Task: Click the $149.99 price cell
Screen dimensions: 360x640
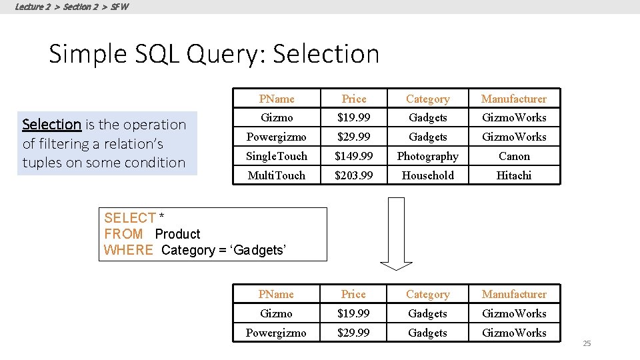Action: click(x=354, y=156)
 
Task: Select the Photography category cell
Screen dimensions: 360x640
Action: click(x=428, y=156)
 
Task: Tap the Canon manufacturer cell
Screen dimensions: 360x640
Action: click(x=514, y=156)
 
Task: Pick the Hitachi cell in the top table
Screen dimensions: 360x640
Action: click(x=514, y=175)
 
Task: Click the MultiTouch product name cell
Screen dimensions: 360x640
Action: click(x=276, y=175)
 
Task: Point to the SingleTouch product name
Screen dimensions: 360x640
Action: click(x=276, y=156)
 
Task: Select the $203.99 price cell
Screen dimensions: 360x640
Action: click(x=354, y=175)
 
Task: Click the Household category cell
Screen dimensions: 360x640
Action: click(x=428, y=175)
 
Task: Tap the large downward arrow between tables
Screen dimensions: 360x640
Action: click(x=397, y=233)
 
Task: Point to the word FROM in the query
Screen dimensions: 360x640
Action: click(x=123, y=234)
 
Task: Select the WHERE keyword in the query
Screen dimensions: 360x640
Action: click(x=129, y=250)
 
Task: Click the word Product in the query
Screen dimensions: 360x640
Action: click(x=177, y=234)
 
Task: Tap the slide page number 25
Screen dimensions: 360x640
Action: click(x=587, y=343)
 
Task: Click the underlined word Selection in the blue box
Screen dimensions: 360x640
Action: click(x=51, y=125)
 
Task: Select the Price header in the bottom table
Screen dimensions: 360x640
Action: click(x=353, y=294)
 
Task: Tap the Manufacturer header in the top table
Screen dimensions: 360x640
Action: click(x=514, y=99)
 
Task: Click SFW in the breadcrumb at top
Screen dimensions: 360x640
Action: click(x=120, y=7)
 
